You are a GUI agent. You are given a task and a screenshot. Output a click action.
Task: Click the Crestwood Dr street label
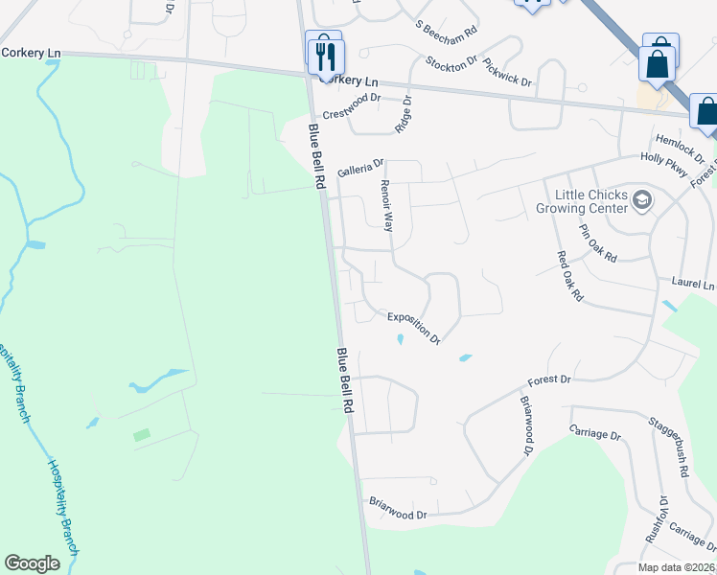click(352, 105)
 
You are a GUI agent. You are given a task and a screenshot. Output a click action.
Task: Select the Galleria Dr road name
click(360, 169)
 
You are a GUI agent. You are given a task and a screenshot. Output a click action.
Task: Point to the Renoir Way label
click(387, 206)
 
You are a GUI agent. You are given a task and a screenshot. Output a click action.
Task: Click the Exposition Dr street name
click(413, 328)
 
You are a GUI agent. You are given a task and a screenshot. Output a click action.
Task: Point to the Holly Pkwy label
click(665, 162)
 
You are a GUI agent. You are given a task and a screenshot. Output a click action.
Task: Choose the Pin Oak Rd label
click(597, 242)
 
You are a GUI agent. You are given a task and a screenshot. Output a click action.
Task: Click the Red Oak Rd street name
click(570, 277)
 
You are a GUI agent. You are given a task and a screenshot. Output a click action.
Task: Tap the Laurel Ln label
click(693, 285)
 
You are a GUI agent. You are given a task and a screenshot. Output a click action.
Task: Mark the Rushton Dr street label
click(661, 518)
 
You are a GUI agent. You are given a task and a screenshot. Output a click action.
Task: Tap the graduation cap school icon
click(641, 200)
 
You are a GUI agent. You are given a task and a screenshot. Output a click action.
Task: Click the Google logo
click(32, 563)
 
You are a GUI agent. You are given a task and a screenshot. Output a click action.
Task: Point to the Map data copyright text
click(676, 567)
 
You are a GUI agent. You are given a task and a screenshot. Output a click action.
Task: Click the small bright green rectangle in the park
click(142, 435)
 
